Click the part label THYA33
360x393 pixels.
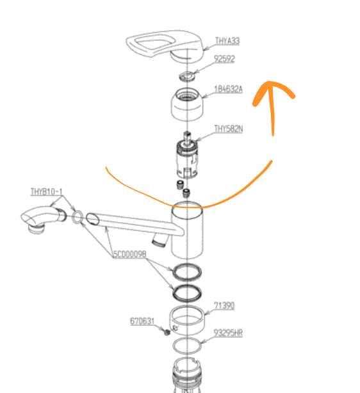coord(227,41)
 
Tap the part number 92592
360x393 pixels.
coord(224,59)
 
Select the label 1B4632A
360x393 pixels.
coord(228,89)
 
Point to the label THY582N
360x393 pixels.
coord(229,129)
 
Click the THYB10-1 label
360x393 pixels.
coord(46,192)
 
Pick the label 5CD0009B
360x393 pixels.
coord(129,254)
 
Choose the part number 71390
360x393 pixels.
coord(224,306)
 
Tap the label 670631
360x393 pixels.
coord(142,321)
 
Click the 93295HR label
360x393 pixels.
coord(228,333)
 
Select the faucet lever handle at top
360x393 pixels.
coord(165,47)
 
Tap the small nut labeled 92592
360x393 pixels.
coord(187,76)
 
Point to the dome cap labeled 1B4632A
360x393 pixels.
coord(187,104)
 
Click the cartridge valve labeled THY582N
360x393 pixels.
coord(187,155)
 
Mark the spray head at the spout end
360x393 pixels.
coord(43,219)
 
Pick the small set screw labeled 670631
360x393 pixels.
coord(167,333)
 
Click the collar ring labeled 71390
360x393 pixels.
coord(187,320)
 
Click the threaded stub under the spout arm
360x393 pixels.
coord(160,241)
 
